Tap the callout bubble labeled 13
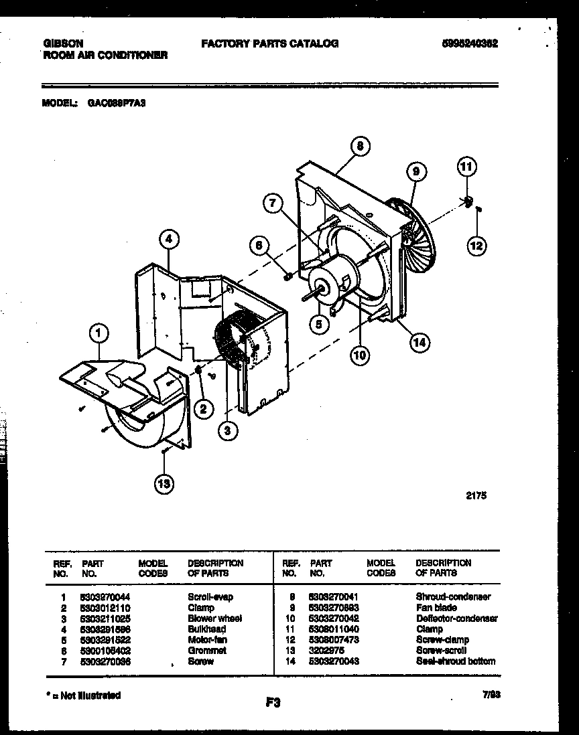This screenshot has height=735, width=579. point(162,483)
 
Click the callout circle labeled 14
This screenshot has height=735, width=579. point(420,343)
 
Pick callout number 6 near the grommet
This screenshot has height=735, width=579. point(258,246)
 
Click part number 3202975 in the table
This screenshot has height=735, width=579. point(327,650)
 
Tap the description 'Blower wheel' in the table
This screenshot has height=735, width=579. point(214,618)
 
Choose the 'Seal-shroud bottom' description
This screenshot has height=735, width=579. point(455,661)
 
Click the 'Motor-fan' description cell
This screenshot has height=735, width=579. point(208,639)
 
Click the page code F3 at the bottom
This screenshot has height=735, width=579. point(271,702)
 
